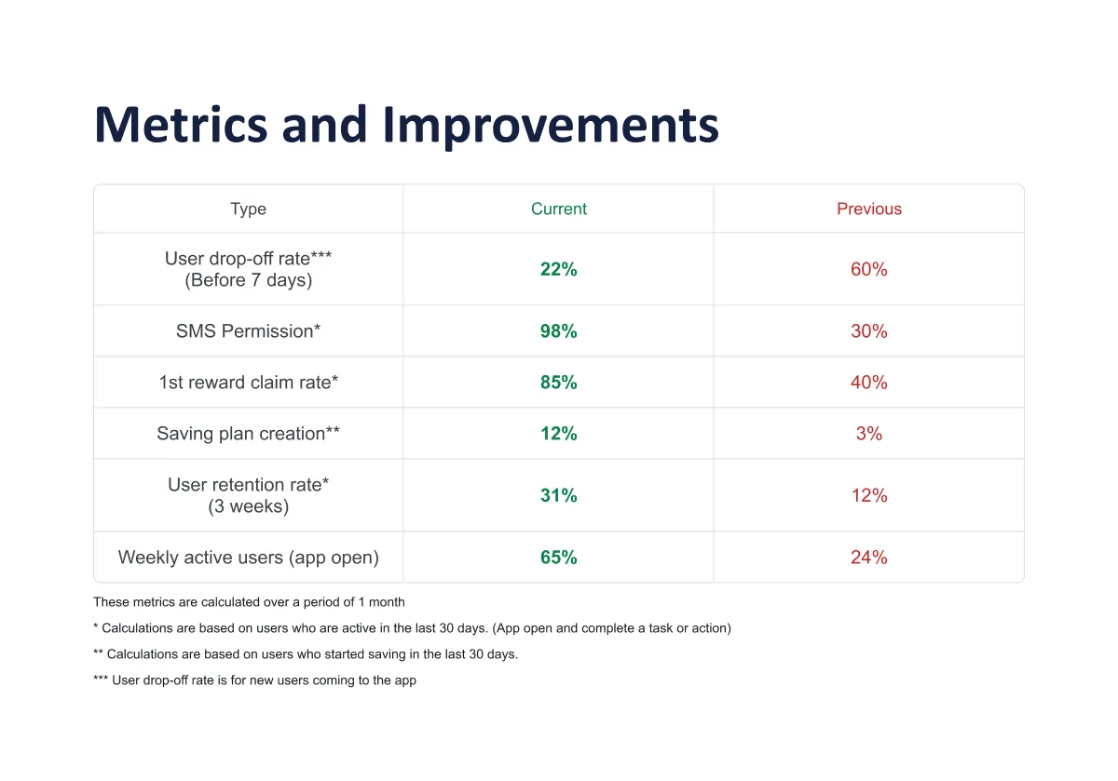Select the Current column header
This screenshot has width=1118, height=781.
click(559, 209)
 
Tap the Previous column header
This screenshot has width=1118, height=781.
click(869, 209)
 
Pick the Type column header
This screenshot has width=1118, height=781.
click(248, 209)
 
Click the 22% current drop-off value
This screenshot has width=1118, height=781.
click(559, 269)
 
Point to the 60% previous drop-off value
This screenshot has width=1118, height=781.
click(869, 269)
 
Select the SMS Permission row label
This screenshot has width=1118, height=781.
click(248, 330)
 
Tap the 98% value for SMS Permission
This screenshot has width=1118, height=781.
click(559, 330)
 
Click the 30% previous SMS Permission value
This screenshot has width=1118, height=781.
click(869, 330)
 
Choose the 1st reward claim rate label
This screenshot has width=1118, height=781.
click(248, 382)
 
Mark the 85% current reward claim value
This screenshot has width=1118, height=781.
click(559, 382)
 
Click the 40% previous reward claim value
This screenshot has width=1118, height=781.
click(869, 382)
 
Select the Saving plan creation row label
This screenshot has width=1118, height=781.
click(248, 433)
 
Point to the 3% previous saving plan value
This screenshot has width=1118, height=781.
click(869, 433)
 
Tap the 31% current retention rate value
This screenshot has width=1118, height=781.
click(559, 495)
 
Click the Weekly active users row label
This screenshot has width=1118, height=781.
click(248, 558)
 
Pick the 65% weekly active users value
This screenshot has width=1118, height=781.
click(559, 558)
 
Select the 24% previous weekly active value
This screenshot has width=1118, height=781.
click(869, 558)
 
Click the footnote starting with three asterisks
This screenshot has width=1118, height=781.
click(254, 680)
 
